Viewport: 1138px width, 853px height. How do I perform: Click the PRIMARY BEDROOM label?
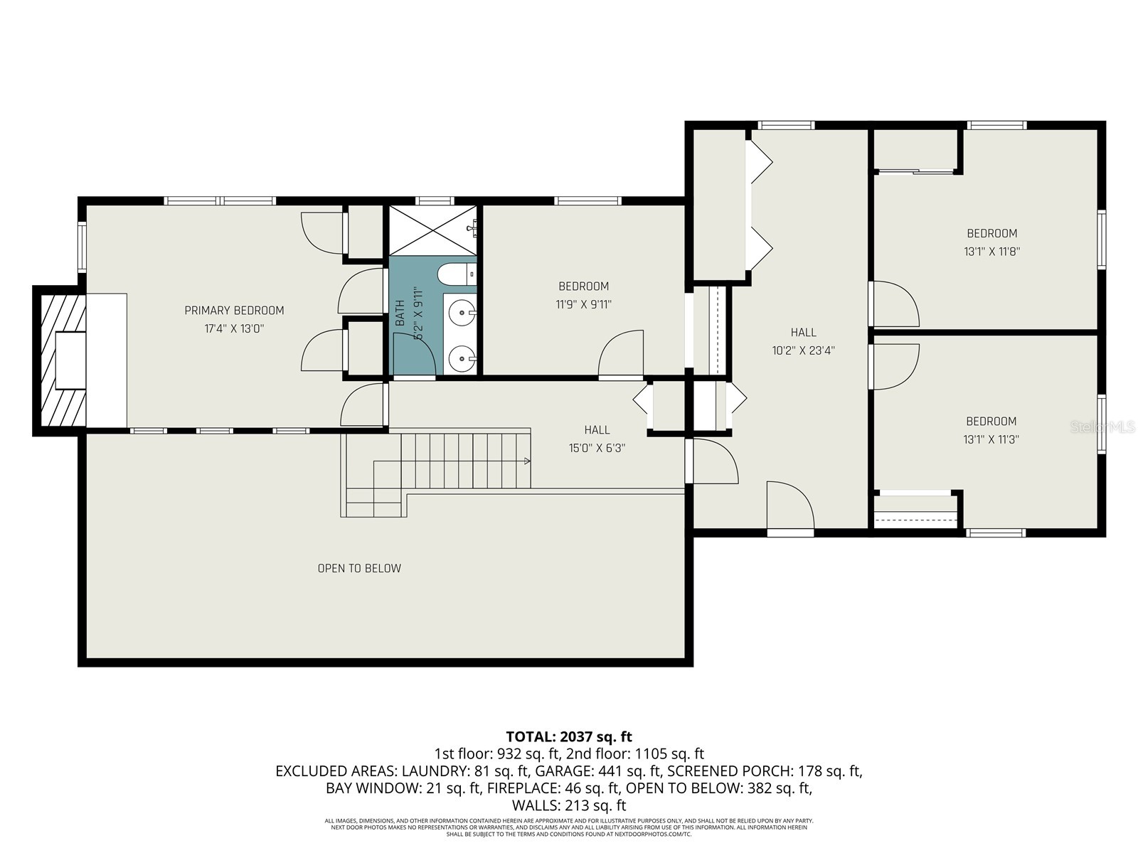click(x=234, y=311)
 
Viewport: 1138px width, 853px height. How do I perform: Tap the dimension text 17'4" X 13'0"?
click(x=234, y=328)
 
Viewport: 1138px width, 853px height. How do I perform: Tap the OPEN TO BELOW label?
click(x=359, y=568)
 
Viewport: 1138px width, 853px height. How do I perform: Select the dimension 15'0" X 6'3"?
click(x=597, y=448)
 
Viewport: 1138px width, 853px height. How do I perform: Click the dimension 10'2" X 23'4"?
click(x=803, y=350)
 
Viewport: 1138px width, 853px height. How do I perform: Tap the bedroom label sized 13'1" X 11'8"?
click(x=991, y=233)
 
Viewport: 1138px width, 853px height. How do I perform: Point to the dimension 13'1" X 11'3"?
click(x=991, y=439)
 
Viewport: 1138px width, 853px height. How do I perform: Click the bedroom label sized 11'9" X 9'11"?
click(x=583, y=286)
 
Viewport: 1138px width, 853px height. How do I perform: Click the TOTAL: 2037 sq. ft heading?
click(x=569, y=736)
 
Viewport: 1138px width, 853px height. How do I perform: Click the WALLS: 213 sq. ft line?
click(x=569, y=805)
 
